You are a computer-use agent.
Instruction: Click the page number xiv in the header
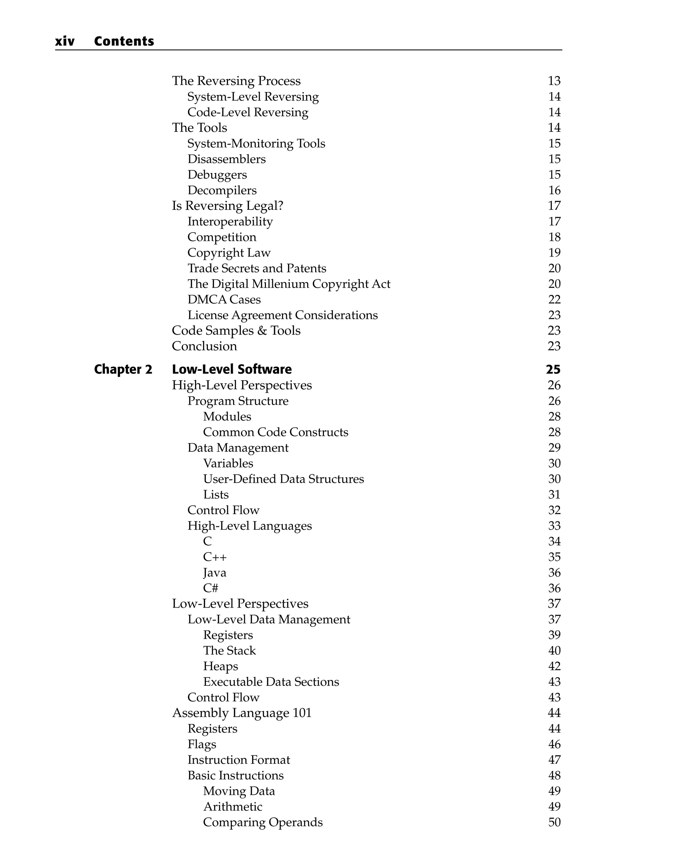click(65, 41)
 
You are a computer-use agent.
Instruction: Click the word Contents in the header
click(124, 41)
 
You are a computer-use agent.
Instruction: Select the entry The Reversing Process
click(236, 81)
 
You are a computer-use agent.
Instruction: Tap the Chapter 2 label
click(123, 369)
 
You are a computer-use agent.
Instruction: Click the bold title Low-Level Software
click(232, 369)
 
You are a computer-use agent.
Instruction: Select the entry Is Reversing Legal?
click(227, 206)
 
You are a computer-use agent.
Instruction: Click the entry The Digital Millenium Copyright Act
click(288, 284)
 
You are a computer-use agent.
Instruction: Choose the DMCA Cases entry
click(224, 300)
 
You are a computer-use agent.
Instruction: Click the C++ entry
click(215, 557)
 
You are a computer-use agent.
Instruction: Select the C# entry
click(211, 588)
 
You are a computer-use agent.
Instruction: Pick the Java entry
click(215, 573)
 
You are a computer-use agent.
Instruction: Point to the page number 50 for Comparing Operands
click(554, 822)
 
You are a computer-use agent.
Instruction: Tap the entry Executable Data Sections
click(271, 682)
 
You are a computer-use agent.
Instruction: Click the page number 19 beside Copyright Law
click(554, 253)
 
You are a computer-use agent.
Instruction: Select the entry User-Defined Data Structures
click(283, 479)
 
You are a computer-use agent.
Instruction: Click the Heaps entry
click(220, 666)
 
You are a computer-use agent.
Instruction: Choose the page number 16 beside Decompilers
click(554, 190)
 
